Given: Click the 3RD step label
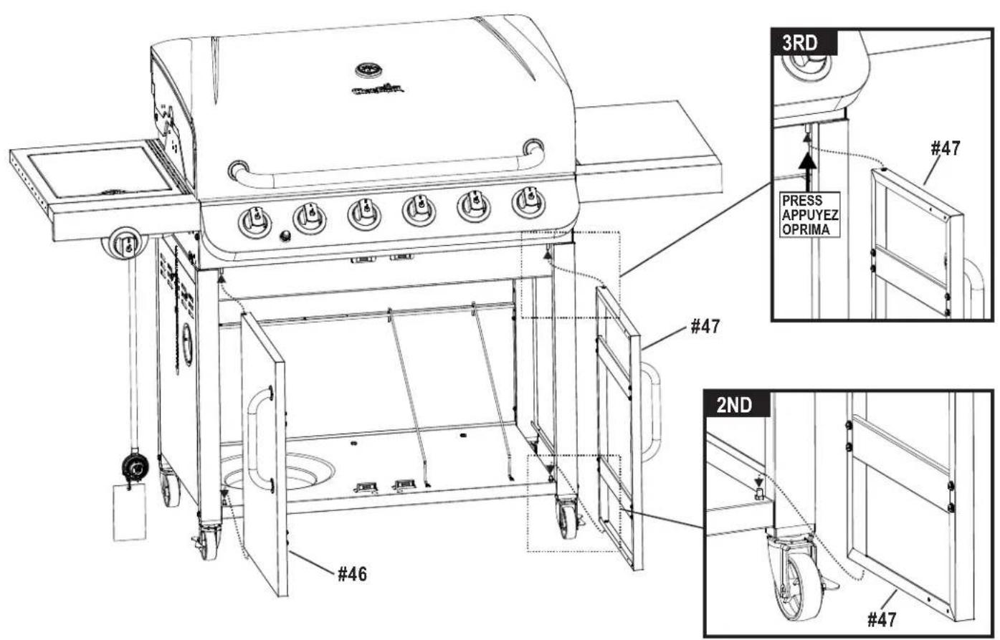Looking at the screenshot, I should (802, 42).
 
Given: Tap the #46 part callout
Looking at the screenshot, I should (352, 573).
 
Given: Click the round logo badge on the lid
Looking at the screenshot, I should (369, 70).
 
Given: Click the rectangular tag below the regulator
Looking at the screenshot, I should (129, 512).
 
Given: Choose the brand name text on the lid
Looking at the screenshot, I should (378, 90).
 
